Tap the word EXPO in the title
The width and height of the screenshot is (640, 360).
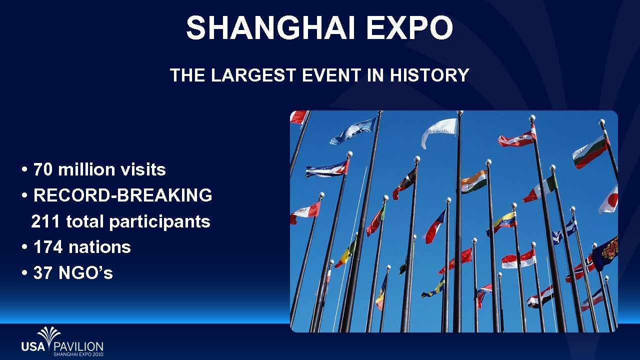409,27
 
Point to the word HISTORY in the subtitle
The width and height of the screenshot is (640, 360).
429,75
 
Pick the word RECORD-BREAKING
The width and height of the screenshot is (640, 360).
122,195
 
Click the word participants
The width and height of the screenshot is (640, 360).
159,222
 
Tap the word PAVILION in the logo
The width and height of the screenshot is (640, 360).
78,346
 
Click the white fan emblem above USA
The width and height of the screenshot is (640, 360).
49,334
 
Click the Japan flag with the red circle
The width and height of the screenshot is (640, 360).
609,199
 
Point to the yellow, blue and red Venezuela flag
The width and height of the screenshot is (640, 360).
502,222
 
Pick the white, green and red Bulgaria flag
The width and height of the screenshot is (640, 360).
590,152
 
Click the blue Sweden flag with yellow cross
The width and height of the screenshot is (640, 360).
433,289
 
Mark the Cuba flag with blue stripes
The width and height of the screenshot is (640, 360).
327,169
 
